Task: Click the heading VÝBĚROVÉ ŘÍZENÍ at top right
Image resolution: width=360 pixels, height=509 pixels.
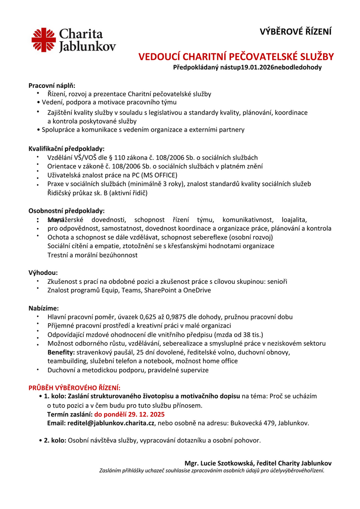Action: coord(295,31)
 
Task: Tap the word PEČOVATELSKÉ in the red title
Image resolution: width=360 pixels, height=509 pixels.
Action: coord(253,57)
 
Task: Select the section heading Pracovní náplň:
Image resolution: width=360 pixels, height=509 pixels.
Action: coord(51,85)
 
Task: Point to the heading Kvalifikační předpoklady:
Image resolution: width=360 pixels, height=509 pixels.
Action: coord(66,149)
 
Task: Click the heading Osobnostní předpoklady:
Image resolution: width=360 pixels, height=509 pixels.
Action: coord(66,210)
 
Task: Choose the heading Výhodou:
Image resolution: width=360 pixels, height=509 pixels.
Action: coord(43,272)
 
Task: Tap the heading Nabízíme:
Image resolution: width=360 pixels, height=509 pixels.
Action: coord(43,308)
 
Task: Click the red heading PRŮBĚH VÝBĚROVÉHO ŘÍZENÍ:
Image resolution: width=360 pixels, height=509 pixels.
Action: coord(74,388)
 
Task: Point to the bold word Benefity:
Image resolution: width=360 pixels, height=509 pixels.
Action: coord(61,352)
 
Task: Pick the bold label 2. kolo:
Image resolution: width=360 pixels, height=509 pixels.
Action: coord(55,440)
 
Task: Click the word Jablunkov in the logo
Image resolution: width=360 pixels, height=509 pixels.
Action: coord(87,47)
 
